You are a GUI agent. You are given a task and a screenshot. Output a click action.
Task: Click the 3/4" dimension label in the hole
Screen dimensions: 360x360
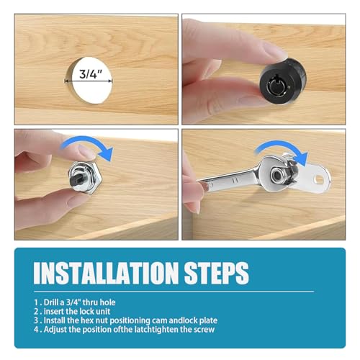91,73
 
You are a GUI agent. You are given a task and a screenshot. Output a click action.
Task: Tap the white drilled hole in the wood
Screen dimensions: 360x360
89,81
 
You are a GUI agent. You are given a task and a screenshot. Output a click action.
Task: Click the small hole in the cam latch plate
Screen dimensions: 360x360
320,179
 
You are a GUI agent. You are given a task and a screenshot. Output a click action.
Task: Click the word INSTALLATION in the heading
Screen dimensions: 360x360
106,273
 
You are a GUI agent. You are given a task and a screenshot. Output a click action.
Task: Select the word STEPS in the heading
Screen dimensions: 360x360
217,273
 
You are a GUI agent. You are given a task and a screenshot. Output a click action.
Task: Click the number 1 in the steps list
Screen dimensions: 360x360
36,302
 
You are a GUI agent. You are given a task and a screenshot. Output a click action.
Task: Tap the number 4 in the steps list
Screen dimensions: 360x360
36,330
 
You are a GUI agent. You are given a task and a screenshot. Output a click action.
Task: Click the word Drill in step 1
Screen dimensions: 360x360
51,302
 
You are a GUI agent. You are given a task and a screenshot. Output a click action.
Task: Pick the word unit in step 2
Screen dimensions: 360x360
103,312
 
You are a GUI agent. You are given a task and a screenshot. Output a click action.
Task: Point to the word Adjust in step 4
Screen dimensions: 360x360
55,330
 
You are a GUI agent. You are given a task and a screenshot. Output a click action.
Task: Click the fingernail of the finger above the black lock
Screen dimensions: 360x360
272,52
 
